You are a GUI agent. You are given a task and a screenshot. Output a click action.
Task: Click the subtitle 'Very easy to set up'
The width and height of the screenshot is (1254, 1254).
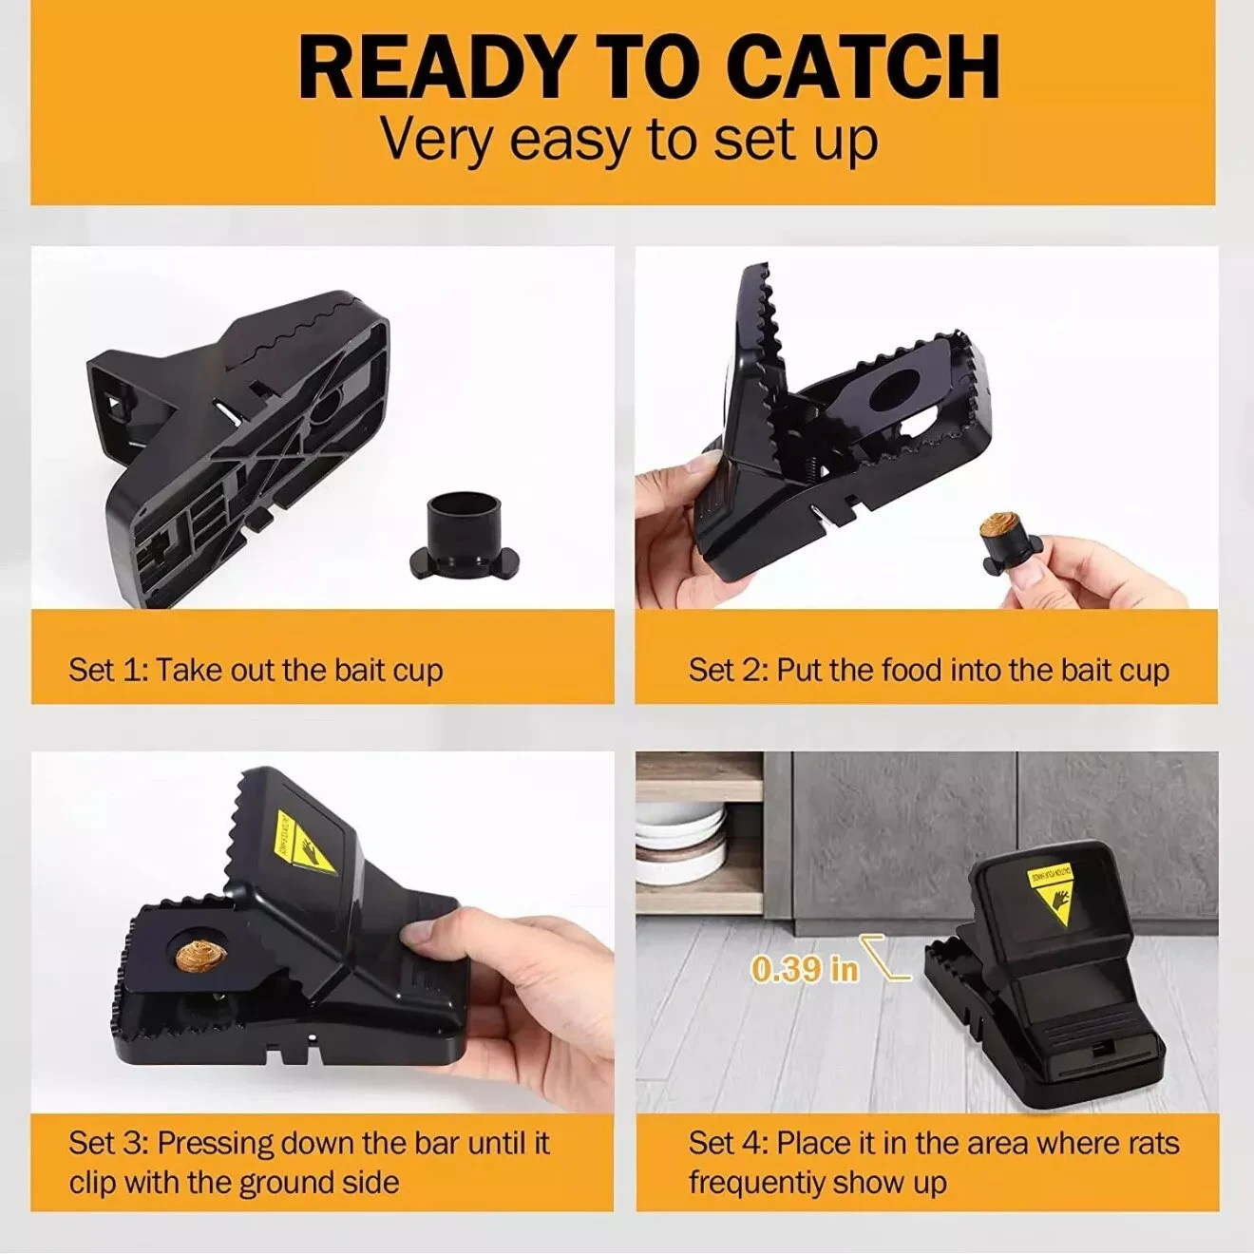click(629, 139)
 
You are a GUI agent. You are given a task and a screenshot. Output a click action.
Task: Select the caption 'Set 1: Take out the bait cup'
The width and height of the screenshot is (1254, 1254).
click(256, 670)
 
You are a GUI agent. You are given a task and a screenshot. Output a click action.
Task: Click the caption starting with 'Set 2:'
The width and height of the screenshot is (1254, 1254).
click(928, 670)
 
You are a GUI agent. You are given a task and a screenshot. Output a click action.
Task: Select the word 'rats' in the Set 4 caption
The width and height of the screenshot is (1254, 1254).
click(1141, 1142)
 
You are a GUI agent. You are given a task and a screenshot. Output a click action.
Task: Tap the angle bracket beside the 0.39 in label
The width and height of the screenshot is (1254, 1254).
click(886, 958)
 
